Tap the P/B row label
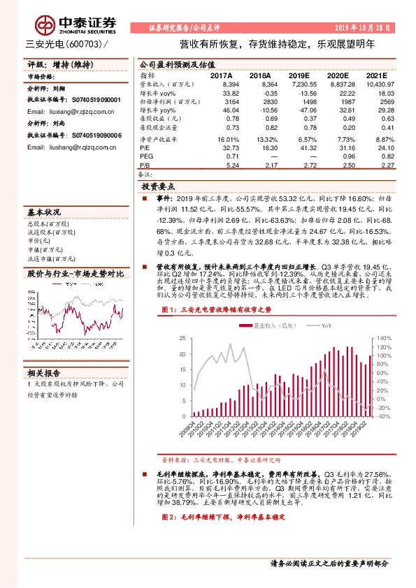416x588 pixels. [x=145, y=166]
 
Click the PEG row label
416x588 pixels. [x=147, y=157]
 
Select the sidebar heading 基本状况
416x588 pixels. [x=44, y=212]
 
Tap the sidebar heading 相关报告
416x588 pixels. [x=44, y=372]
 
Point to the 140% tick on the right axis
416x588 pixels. [x=385, y=337]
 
